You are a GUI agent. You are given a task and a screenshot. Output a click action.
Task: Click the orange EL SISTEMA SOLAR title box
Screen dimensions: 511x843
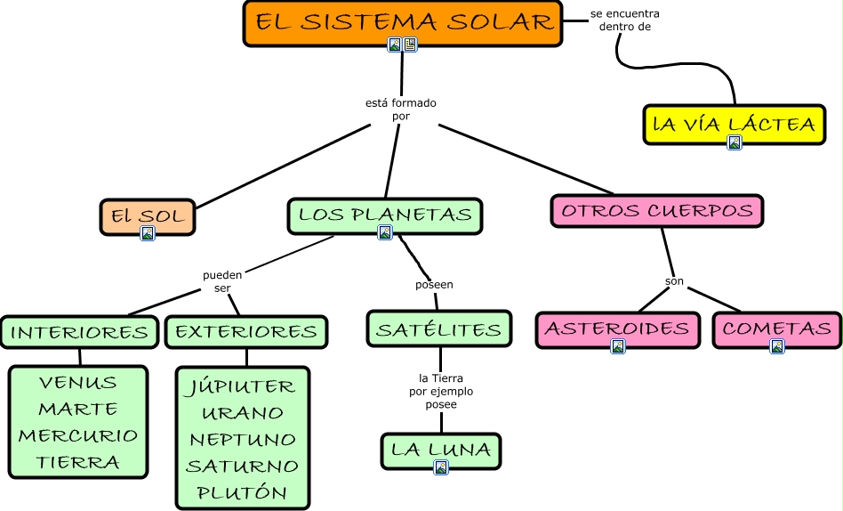pyautogui.click(x=403, y=22)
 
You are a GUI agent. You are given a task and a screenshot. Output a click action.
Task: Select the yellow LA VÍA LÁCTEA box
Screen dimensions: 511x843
pyautogui.click(x=735, y=124)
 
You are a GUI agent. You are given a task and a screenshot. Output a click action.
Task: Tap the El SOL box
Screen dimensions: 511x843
pyautogui.click(x=148, y=215)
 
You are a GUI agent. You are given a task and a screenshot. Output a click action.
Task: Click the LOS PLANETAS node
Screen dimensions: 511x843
pyautogui.click(x=384, y=214)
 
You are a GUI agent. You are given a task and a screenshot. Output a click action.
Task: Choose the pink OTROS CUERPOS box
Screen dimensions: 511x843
pyautogui.click(x=657, y=211)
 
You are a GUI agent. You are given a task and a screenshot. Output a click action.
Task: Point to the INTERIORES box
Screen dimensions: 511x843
pyautogui.click(x=79, y=332)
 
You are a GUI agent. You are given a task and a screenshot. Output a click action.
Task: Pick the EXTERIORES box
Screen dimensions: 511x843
pyautogui.click(x=246, y=332)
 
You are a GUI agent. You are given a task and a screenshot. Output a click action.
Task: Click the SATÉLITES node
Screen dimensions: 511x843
pyautogui.click(x=439, y=329)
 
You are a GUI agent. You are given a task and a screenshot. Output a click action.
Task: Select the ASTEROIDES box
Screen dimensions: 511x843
pyautogui.click(x=616, y=328)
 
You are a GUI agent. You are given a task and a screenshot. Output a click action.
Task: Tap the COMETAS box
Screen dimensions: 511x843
pyautogui.click(x=777, y=328)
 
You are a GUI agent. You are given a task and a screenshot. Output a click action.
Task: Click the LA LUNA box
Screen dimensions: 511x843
pyautogui.click(x=441, y=450)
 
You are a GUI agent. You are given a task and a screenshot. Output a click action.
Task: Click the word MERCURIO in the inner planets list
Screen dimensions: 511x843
pyautogui.click(x=78, y=435)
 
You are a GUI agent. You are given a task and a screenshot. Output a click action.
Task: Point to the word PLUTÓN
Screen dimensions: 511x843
pyautogui.click(x=242, y=492)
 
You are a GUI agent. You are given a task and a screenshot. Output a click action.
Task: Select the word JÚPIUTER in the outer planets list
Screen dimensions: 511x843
pyautogui.click(x=242, y=387)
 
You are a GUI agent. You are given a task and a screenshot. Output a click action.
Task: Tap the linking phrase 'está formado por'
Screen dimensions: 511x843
pyautogui.click(x=401, y=109)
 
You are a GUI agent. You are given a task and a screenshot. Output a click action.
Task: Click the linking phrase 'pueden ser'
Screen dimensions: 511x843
pyautogui.click(x=222, y=281)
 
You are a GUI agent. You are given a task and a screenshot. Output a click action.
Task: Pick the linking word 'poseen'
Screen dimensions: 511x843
pyautogui.click(x=434, y=285)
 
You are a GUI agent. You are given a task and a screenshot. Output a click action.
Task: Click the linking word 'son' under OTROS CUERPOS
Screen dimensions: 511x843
pyautogui.click(x=674, y=281)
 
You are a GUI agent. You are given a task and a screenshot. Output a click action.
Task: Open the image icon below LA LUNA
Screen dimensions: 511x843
pyautogui.click(x=440, y=467)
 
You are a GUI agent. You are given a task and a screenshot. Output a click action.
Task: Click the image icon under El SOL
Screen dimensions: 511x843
pyautogui.click(x=148, y=233)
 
